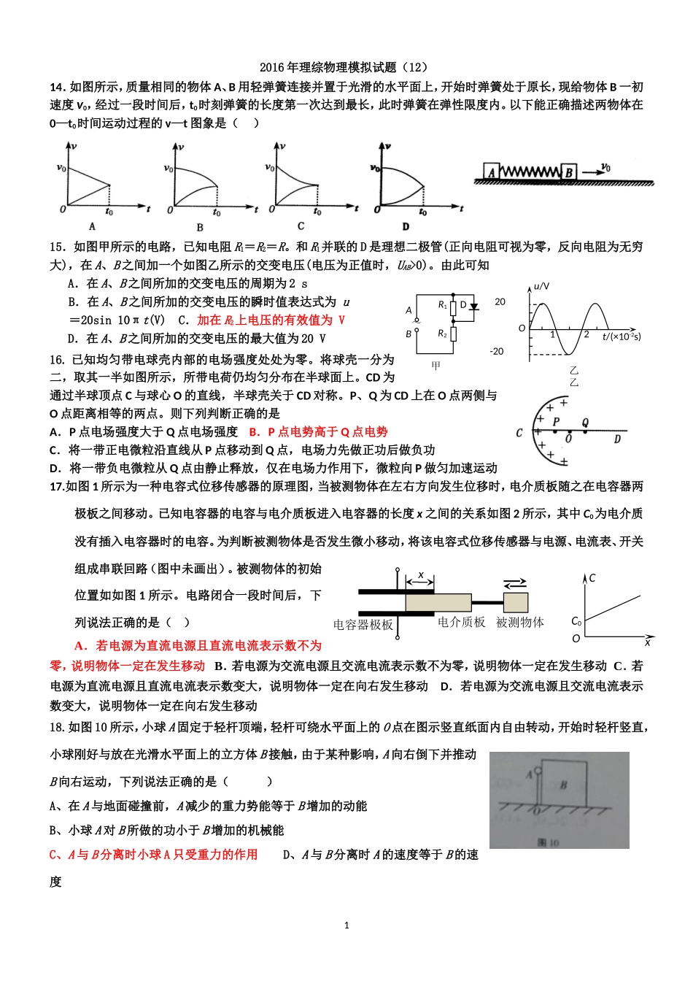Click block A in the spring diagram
pyautogui.click(x=492, y=172)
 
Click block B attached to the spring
pyautogui.click(x=569, y=172)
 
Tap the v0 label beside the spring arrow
pyautogui.click(x=605, y=168)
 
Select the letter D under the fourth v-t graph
pyautogui.click(x=406, y=226)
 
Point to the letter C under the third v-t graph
pyautogui.click(x=301, y=226)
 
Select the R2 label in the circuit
pyautogui.click(x=442, y=334)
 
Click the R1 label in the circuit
pyautogui.click(x=442, y=305)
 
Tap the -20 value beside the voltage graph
pyautogui.click(x=497, y=351)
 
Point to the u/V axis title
pyautogui.click(x=542, y=286)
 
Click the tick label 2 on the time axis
pyautogui.click(x=586, y=334)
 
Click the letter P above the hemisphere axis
pyautogui.click(x=556, y=421)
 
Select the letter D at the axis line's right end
pyautogui.click(x=617, y=439)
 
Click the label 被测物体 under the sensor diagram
pyautogui.click(x=519, y=622)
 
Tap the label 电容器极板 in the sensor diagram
pyautogui.click(x=363, y=625)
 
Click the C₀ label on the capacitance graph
pyautogui.click(x=576, y=621)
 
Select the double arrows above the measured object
pyautogui.click(x=515, y=582)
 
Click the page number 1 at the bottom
pyautogui.click(x=346, y=925)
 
